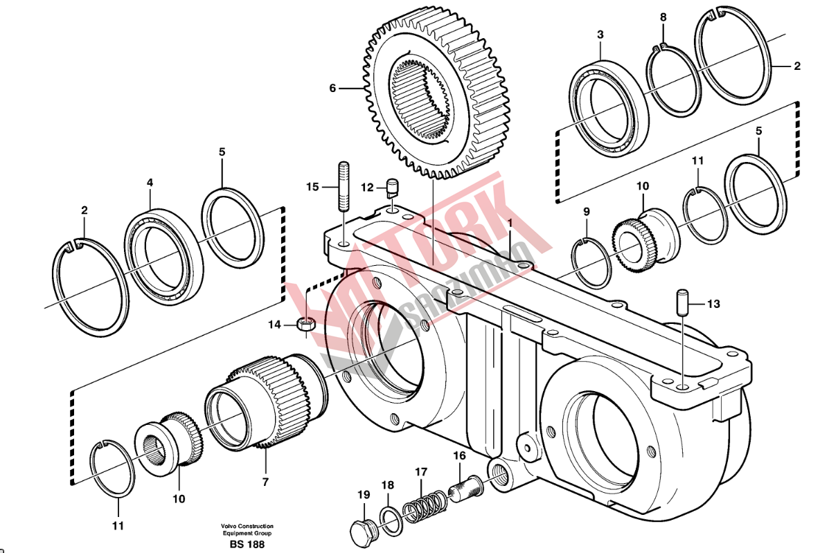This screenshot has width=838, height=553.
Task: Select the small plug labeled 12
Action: pyautogui.click(x=393, y=186)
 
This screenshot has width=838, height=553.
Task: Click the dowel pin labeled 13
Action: pyautogui.click(x=681, y=302)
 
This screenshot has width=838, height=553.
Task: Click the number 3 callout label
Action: pyautogui.click(x=600, y=34)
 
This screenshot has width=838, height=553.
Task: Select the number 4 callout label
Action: pyautogui.click(x=150, y=183)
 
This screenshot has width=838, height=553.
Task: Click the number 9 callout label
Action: pyautogui.click(x=586, y=211)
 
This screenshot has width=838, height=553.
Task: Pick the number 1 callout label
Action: pyautogui.click(x=509, y=223)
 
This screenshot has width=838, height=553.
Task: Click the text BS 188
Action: pyautogui.click(x=247, y=545)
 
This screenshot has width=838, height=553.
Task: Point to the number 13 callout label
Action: pyautogui.click(x=713, y=304)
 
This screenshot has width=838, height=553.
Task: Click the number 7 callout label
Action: pyautogui.click(x=265, y=482)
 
